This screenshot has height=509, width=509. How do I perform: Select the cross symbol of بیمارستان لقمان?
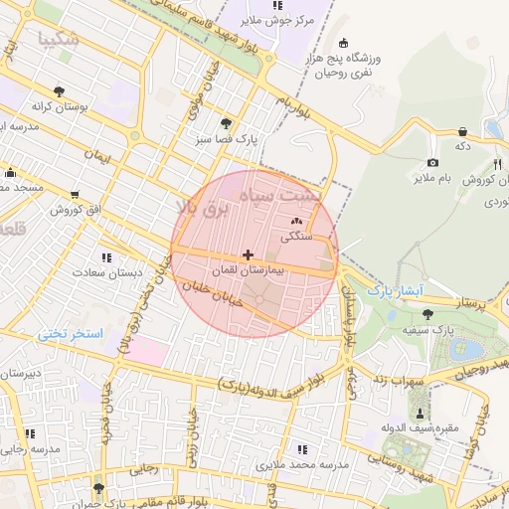click(x=248, y=255)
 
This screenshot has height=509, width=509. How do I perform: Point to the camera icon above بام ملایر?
click(x=432, y=163)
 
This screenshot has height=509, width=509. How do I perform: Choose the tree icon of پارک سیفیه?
click(x=427, y=314)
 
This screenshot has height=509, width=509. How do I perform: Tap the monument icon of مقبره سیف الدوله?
click(x=420, y=413)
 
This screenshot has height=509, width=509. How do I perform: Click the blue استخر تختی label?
click(x=71, y=334)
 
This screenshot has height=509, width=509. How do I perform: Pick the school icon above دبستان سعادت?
click(x=106, y=257)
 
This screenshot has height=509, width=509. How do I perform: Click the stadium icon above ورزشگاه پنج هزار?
click(x=344, y=43)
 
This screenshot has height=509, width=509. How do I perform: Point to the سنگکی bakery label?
click(x=296, y=238)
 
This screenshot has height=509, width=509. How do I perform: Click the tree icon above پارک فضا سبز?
click(x=226, y=123)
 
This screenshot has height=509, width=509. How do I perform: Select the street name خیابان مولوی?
click(x=202, y=95)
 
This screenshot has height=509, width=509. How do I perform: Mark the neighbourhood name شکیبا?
click(x=57, y=40)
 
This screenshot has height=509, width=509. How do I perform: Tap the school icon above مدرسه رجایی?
click(x=28, y=433)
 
